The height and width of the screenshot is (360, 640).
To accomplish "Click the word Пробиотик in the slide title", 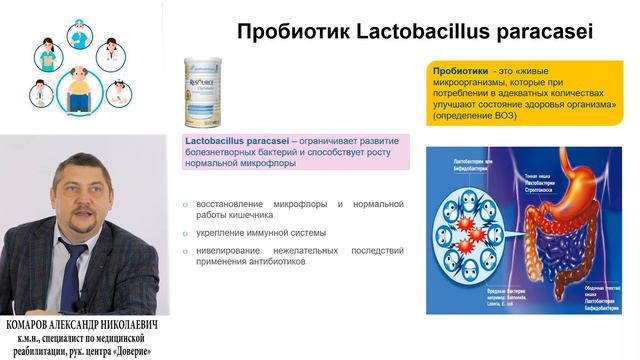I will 285,32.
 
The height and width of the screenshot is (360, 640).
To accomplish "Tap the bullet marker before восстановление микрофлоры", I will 185,205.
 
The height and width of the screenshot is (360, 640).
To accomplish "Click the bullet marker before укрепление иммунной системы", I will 185,233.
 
